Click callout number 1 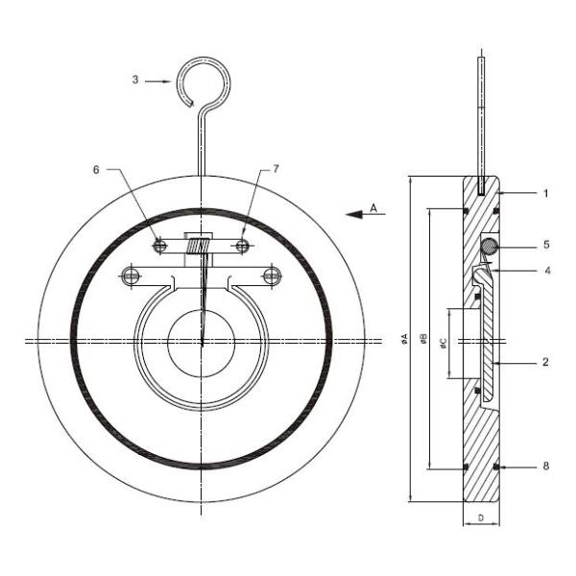click(544, 193)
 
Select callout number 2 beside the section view click(544, 363)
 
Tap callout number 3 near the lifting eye click(135, 82)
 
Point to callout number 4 click(544, 271)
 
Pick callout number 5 click(544, 245)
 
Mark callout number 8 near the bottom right click(544, 467)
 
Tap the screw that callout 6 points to click(160, 247)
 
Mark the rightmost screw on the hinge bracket click(273, 277)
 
